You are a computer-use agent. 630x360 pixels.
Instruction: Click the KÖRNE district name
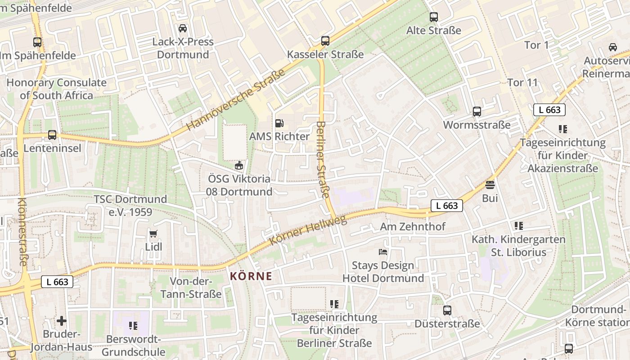point(251,276)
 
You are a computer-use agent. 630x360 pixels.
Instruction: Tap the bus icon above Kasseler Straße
point(325,41)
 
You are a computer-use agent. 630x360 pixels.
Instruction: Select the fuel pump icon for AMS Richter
point(279,123)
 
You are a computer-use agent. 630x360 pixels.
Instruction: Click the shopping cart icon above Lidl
point(153,234)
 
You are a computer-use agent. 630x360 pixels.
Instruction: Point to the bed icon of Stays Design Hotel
point(383,252)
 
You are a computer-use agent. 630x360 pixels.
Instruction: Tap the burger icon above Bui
point(490,184)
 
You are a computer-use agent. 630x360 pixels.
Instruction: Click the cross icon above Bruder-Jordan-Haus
point(62,321)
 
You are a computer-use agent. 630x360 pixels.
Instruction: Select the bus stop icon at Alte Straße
point(434,17)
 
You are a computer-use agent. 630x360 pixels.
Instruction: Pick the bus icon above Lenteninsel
point(52,135)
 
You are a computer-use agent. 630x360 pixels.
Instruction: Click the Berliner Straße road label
point(322,159)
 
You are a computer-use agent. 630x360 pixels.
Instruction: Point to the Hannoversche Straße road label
point(236,100)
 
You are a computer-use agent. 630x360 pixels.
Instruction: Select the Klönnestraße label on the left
point(22,231)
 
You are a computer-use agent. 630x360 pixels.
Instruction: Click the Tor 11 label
point(522,82)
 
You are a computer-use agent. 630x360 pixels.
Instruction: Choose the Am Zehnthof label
point(413,226)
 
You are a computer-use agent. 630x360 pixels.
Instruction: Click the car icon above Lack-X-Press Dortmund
point(183,28)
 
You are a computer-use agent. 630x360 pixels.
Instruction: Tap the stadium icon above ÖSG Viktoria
point(239,166)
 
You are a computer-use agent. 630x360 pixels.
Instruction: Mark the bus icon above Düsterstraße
point(447,310)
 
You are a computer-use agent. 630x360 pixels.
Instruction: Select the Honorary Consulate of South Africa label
point(57,89)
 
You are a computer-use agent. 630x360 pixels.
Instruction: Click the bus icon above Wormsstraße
point(477,111)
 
